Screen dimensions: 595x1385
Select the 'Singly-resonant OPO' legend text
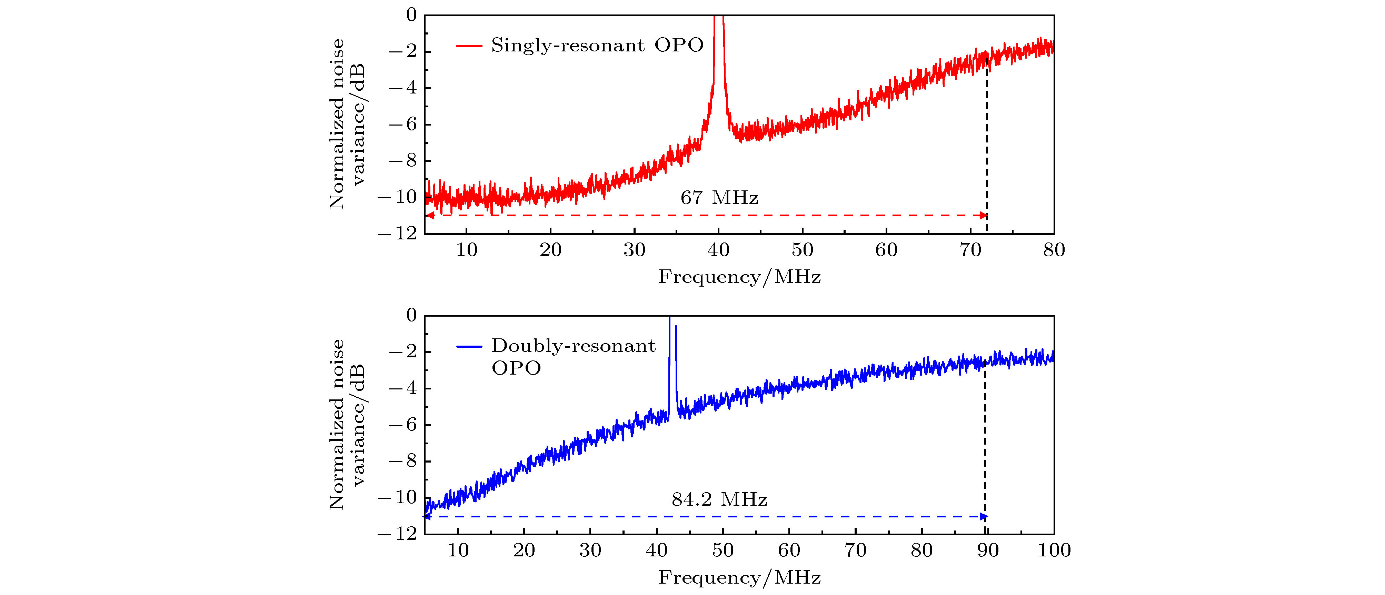[x=597, y=45]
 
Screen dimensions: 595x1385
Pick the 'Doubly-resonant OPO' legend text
[x=573, y=356]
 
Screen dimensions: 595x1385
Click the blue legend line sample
[x=469, y=346]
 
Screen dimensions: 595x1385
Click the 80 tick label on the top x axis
[x=1054, y=250]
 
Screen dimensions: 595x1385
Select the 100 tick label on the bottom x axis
[x=1054, y=551]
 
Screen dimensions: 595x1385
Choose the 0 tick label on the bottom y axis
[x=411, y=315]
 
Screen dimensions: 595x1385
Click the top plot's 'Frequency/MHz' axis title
[x=739, y=277]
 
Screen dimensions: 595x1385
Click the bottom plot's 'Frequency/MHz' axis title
[x=739, y=578]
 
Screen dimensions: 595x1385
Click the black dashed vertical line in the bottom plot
[x=985, y=441]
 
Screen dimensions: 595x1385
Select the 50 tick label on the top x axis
[x=802, y=250]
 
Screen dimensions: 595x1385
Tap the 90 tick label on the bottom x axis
[x=988, y=551]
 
